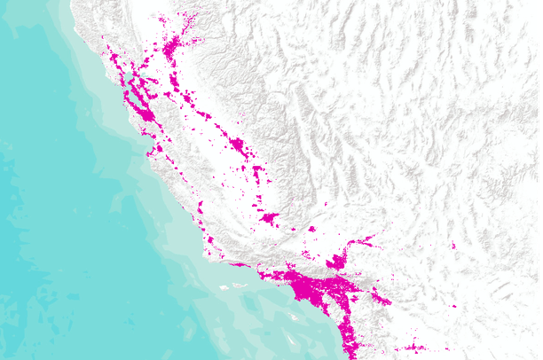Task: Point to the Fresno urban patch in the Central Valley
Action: (x=237, y=144)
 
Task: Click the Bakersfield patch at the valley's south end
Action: (x=269, y=216)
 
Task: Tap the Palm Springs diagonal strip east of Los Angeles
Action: (x=382, y=297)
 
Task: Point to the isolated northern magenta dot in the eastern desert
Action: (x=453, y=246)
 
